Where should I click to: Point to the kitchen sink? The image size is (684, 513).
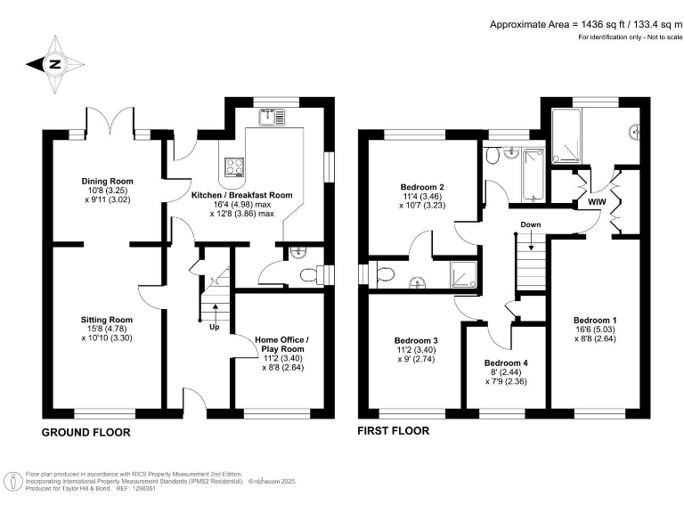click(271, 118)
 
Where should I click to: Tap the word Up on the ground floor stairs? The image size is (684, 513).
click(215, 327)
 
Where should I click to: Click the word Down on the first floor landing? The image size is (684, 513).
click(531, 224)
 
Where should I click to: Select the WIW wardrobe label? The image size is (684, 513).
click(597, 203)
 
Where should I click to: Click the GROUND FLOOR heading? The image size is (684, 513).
click(86, 433)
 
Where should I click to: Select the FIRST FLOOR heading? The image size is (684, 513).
click(393, 431)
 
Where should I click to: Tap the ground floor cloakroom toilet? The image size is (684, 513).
click(308, 275)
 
